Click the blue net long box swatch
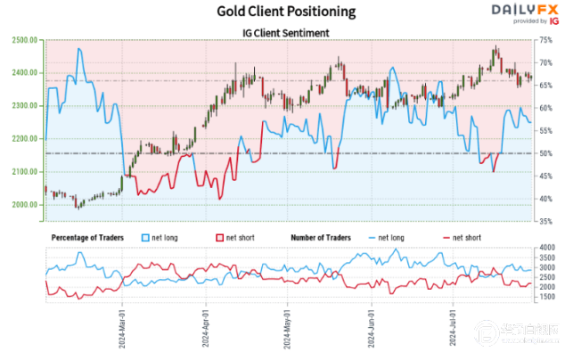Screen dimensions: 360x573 point(147,238)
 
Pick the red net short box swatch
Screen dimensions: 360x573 point(221,238)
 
